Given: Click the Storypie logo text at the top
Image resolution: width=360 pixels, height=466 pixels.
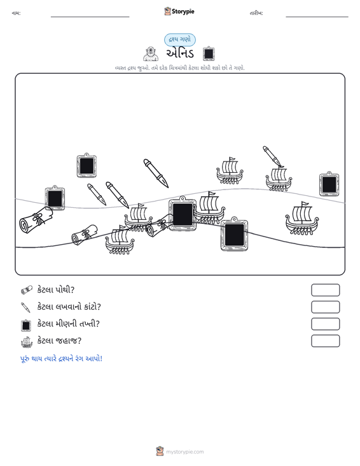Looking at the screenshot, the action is [x=183, y=11].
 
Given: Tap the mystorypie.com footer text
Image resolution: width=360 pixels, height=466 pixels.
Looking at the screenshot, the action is [x=184, y=452].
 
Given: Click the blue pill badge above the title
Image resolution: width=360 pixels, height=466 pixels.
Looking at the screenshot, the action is [x=180, y=39].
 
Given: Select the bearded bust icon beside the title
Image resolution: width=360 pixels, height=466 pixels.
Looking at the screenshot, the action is [x=151, y=53].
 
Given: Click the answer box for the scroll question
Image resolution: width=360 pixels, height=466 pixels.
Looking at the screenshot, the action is [x=325, y=290].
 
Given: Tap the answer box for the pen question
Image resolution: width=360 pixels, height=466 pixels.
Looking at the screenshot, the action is [x=325, y=307].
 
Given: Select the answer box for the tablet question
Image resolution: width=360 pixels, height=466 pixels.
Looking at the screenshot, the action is [x=325, y=324].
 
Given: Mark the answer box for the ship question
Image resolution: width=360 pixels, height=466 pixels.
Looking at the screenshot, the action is [x=325, y=341].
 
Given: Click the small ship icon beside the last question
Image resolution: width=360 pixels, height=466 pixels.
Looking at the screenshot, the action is [x=27, y=342].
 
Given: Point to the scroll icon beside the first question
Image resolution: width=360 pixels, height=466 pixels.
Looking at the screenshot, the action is [x=27, y=290].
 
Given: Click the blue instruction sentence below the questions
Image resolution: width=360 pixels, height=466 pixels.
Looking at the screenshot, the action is [x=61, y=359].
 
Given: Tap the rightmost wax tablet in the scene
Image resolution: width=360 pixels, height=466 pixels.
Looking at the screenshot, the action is [x=329, y=184].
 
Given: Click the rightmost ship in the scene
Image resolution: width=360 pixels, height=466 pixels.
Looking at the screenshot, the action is [x=301, y=219].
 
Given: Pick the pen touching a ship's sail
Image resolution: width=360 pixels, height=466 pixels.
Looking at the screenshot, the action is [x=273, y=156].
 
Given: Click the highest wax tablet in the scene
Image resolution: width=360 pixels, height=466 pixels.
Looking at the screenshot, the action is [x=87, y=165].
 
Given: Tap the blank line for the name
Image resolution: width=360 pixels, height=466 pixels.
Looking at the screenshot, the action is [x=90, y=17].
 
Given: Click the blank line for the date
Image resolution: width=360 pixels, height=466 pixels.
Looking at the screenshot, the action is [x=317, y=17].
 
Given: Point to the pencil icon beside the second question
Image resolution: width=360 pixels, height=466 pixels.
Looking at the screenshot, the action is [x=25, y=307].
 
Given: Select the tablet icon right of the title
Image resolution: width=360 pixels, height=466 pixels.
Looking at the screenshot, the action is [x=209, y=53].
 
